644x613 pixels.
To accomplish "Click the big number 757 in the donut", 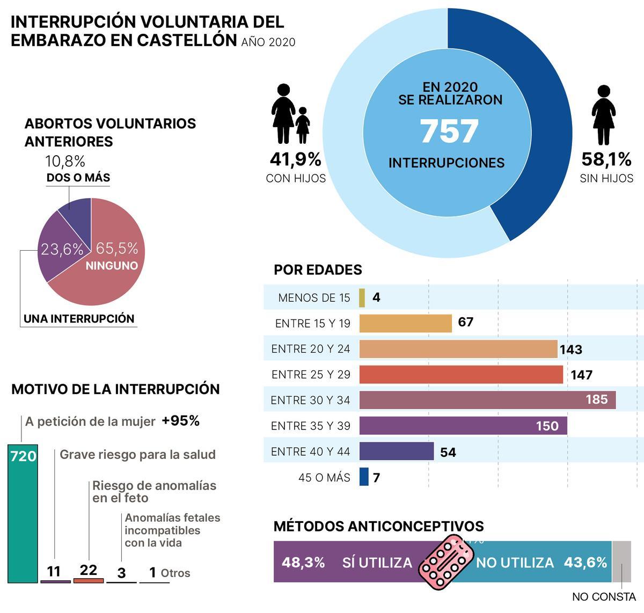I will click(x=449, y=132).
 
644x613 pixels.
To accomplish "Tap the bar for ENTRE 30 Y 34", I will click(x=487, y=400).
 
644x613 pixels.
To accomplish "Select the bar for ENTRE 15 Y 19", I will click(x=405, y=324).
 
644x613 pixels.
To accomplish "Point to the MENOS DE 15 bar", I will click(x=362, y=298).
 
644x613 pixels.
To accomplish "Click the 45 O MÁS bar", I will click(x=364, y=477).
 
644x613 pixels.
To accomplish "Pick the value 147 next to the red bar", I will click(x=581, y=375).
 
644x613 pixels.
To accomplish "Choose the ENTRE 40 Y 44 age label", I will click(x=311, y=452).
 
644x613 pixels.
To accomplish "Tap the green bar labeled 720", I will click(x=23, y=515).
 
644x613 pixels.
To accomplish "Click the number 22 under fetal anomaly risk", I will click(x=88, y=570).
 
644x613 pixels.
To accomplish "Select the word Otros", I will click(x=175, y=573).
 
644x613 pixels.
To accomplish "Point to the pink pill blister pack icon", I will click(x=443, y=563).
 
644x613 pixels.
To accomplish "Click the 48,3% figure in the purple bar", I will click(x=303, y=563).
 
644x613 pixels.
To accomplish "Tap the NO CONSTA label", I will click(x=604, y=597).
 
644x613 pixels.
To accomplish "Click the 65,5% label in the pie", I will click(x=116, y=249).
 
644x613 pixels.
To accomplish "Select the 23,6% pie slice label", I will click(x=62, y=250).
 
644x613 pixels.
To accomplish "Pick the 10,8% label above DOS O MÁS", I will click(x=65, y=161).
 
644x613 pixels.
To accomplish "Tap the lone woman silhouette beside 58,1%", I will click(x=603, y=115).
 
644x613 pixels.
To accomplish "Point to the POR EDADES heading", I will click(x=318, y=269).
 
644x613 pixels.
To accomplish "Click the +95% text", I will click(x=180, y=421).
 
